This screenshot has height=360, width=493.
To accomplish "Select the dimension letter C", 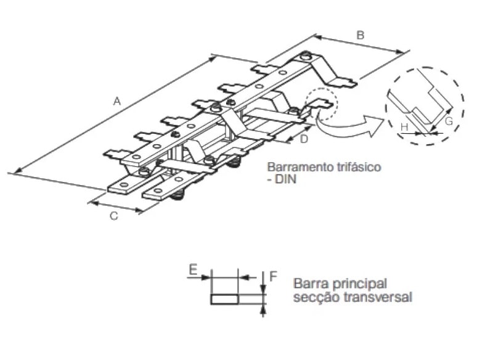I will [x=114, y=216].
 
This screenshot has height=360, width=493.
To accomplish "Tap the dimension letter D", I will [x=303, y=140].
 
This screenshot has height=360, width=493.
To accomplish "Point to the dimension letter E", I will [x=193, y=270].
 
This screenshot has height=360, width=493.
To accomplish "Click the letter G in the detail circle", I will [x=449, y=121].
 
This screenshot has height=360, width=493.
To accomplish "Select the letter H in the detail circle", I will [x=404, y=127].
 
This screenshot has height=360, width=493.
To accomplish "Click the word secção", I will [x=313, y=297].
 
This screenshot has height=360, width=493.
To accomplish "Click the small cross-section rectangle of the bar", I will [x=224, y=299].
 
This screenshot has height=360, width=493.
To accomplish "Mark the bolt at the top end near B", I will [x=306, y=57].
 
